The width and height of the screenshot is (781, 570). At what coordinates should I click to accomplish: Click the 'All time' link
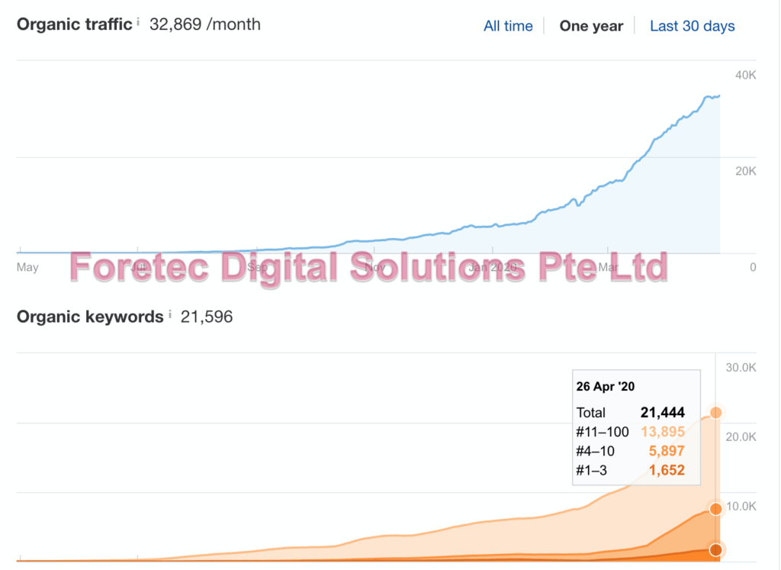click(x=508, y=26)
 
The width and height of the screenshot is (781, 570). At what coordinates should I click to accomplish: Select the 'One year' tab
click(x=591, y=26)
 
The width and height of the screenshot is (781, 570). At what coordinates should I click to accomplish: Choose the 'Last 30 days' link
click(x=692, y=26)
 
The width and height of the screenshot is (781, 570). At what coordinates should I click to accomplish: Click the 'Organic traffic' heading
click(x=74, y=24)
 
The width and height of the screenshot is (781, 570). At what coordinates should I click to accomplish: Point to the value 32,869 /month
click(x=205, y=24)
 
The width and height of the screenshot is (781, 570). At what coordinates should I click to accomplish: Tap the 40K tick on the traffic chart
click(x=745, y=75)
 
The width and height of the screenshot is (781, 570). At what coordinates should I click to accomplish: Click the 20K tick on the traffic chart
click(x=745, y=171)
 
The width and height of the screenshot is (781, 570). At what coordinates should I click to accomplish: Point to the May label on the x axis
click(x=27, y=267)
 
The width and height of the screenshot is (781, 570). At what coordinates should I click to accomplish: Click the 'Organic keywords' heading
click(x=90, y=317)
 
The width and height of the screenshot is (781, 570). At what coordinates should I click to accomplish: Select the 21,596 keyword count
click(x=207, y=317)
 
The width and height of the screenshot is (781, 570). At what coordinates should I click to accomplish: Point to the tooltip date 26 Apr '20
click(x=606, y=387)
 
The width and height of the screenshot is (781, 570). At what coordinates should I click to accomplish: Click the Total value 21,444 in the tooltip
click(x=663, y=413)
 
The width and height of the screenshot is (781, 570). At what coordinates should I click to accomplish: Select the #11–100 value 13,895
click(x=663, y=432)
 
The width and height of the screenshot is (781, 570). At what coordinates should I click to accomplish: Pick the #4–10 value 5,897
click(x=667, y=451)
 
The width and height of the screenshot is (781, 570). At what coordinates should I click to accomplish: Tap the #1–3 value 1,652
click(x=667, y=471)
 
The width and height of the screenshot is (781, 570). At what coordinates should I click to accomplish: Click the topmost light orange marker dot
click(x=716, y=413)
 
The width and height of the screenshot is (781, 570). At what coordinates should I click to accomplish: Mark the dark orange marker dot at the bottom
click(x=716, y=549)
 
